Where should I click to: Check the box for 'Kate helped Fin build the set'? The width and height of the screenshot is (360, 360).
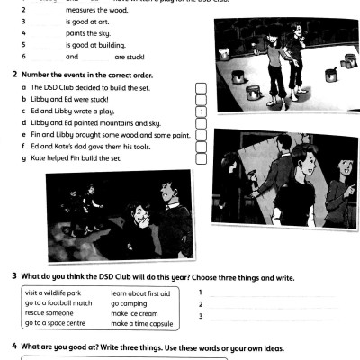pyautogui.click(x=202, y=158)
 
